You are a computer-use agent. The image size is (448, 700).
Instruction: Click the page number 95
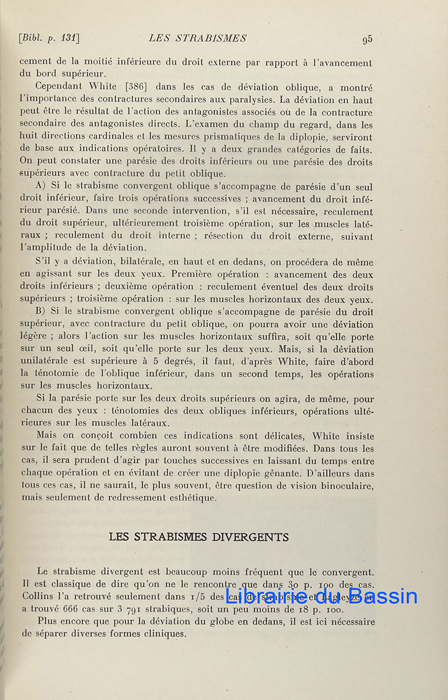tap(367, 40)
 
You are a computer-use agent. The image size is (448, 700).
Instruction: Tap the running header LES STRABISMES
tap(198, 38)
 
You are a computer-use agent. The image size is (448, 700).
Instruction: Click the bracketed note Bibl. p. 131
tap(49, 38)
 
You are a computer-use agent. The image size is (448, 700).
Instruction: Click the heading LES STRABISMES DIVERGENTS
tap(199, 537)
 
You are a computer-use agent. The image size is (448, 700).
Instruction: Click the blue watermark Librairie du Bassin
tap(321, 596)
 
